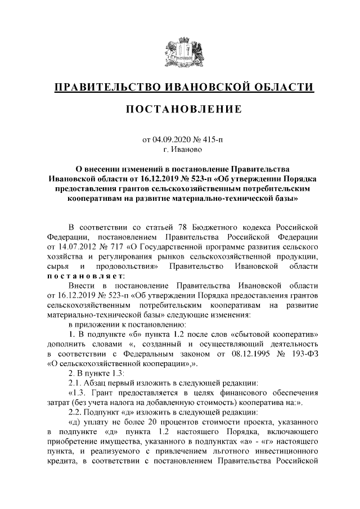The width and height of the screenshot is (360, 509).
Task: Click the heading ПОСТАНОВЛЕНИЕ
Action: coord(179,109)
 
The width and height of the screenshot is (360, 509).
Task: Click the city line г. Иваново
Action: coord(180,150)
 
